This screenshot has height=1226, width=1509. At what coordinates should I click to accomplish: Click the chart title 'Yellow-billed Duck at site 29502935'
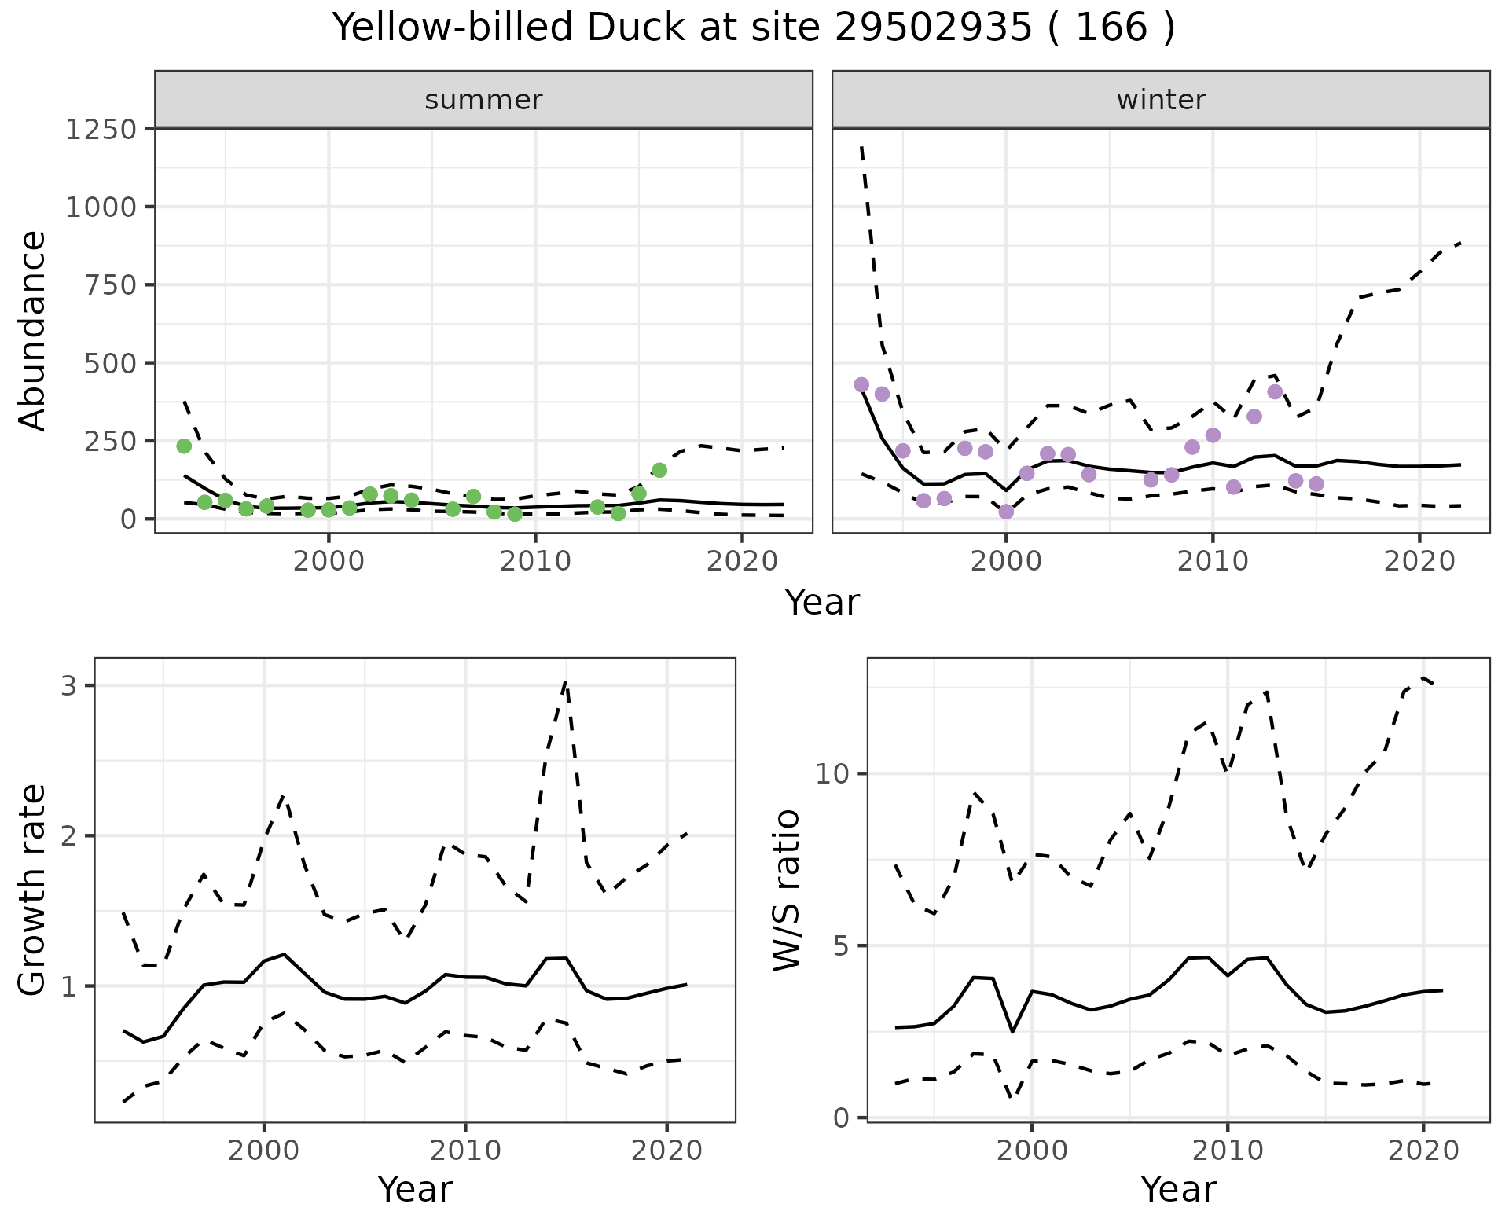(753, 28)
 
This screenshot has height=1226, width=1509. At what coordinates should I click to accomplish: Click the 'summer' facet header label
(483, 100)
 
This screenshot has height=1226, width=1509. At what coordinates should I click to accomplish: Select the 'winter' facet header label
(1161, 100)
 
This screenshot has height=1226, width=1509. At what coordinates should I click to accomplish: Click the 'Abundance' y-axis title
(33, 330)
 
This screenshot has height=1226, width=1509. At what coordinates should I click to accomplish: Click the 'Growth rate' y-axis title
(33, 890)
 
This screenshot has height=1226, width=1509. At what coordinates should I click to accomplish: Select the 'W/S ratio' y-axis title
(786, 890)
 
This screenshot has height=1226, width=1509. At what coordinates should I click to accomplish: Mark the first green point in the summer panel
(184, 446)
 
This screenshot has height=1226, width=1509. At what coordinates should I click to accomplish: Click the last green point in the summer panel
(659, 470)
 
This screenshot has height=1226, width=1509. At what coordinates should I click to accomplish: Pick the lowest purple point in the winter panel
(1006, 512)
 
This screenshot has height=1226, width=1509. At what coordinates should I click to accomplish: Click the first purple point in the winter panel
(861, 384)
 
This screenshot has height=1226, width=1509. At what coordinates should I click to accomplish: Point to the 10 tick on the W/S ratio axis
(833, 774)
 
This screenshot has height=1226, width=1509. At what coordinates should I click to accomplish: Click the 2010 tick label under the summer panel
(535, 561)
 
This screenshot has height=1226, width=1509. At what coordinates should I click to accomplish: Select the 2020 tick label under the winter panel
(1419, 561)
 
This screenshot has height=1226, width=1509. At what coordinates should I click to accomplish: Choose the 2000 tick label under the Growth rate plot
(264, 1151)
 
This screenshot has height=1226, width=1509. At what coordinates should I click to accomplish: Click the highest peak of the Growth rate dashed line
(566, 681)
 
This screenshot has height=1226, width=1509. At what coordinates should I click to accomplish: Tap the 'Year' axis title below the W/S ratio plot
(1178, 1189)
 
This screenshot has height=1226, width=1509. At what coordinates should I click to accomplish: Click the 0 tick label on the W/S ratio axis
(841, 1118)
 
